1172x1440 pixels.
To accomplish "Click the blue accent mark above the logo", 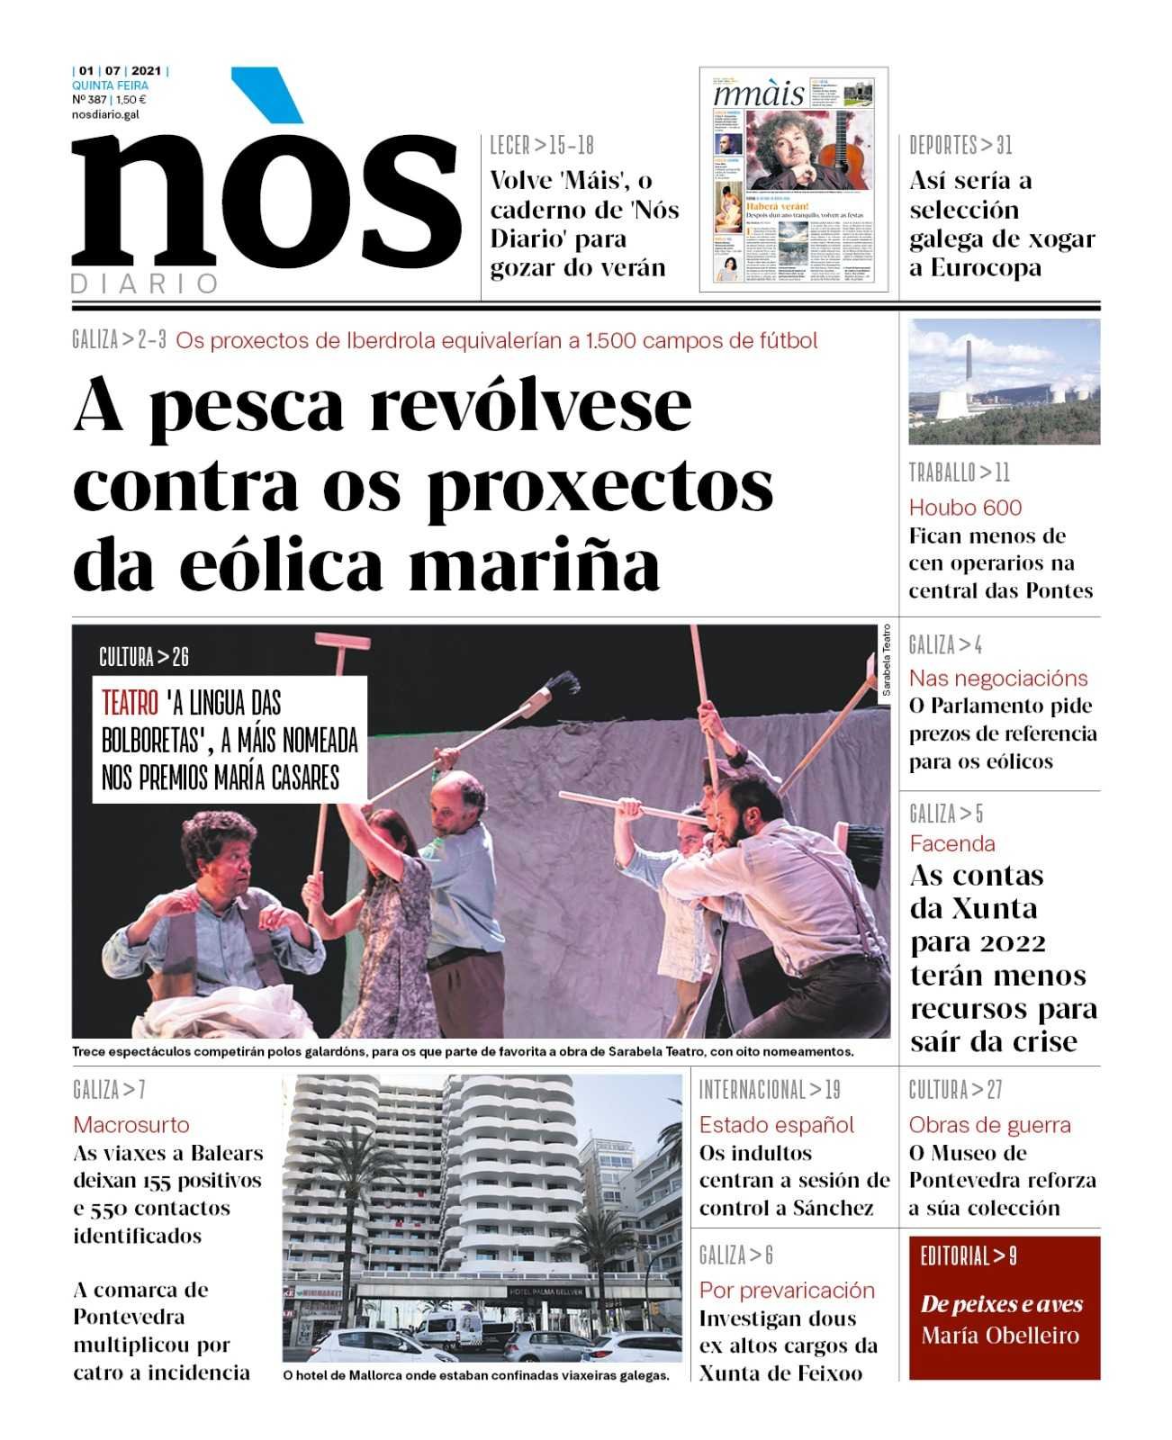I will click(x=267, y=94).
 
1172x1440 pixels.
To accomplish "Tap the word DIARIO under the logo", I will click(x=145, y=284).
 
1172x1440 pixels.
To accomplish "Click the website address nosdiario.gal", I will click(x=105, y=114).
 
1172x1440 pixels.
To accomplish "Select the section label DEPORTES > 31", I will click(x=960, y=145).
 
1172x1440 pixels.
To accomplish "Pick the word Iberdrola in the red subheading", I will click(x=402, y=341).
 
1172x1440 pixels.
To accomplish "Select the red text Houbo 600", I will click(x=965, y=508).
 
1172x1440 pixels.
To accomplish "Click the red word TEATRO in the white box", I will click(x=130, y=703).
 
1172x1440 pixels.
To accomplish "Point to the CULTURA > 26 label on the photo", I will click(x=144, y=658).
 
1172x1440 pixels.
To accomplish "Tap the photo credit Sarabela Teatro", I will click(x=886, y=661).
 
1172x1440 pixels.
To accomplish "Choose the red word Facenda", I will click(x=951, y=844).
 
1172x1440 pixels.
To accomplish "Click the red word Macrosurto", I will click(x=131, y=1125).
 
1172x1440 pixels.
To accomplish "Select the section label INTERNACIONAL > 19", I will click(x=770, y=1091).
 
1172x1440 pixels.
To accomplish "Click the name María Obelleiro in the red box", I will click(x=1000, y=1336).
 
